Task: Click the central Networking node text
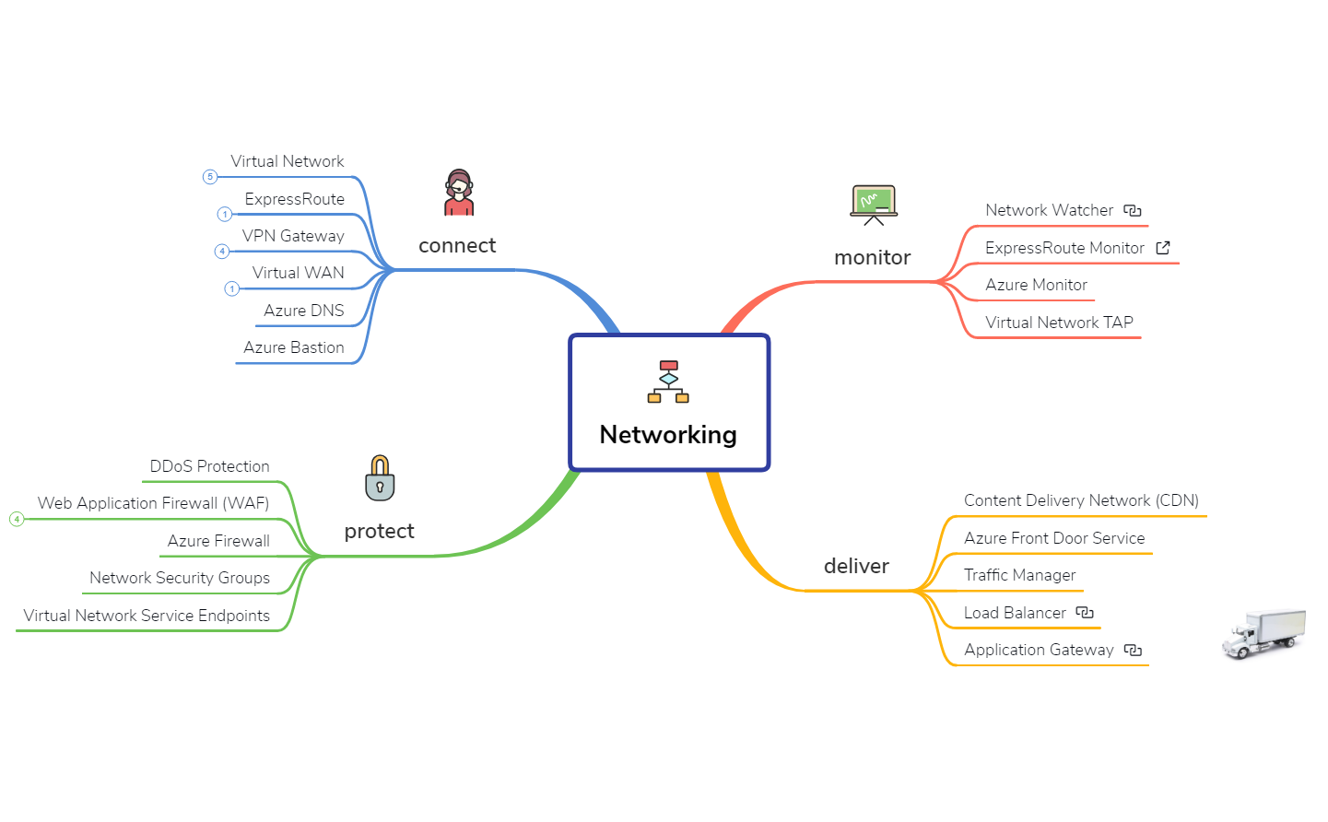668,434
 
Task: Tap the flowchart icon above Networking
668,382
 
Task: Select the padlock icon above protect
380,478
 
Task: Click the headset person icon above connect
459,193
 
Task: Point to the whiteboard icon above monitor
873,205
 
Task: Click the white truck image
1263,633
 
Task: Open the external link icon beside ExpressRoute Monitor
1163,248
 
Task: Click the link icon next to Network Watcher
1133,211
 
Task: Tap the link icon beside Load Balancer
1085,613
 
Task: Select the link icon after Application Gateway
1133,651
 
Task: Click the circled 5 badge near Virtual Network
210,177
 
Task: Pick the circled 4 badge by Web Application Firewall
17,520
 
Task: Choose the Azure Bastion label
293,347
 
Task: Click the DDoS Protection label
209,466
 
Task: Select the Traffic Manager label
1019,575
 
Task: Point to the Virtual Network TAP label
1059,323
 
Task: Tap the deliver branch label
856,566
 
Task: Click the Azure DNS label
303,311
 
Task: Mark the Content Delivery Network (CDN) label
1081,500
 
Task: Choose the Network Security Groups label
180,578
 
